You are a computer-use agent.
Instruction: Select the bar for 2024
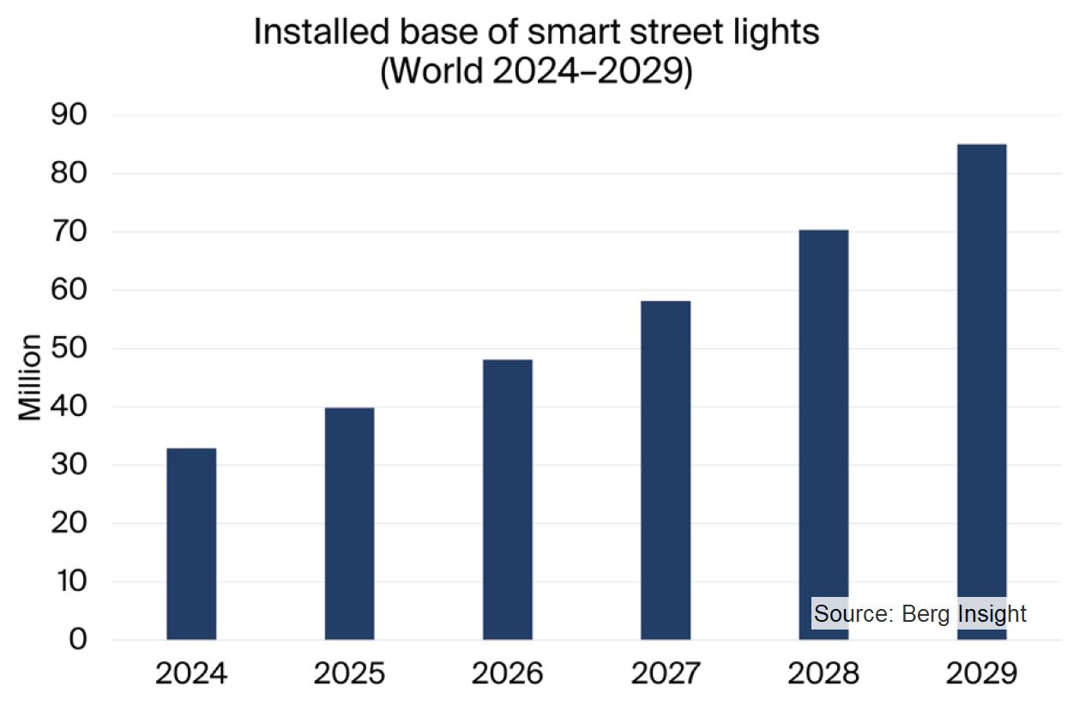click(x=191, y=544)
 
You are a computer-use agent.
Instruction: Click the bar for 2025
click(x=349, y=523)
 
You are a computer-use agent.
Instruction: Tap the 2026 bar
click(x=508, y=499)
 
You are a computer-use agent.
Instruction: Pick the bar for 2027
click(x=666, y=470)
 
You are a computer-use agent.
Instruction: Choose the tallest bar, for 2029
click(x=981, y=391)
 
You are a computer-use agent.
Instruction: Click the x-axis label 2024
click(x=191, y=673)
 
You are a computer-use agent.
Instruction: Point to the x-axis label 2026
click(x=508, y=673)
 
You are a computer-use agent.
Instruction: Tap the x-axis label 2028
click(x=823, y=673)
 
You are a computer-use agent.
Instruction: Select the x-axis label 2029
click(x=981, y=673)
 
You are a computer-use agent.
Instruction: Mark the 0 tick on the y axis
click(x=78, y=640)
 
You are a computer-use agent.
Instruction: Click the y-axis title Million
click(x=31, y=377)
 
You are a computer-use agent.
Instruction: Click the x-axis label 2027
click(x=666, y=673)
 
